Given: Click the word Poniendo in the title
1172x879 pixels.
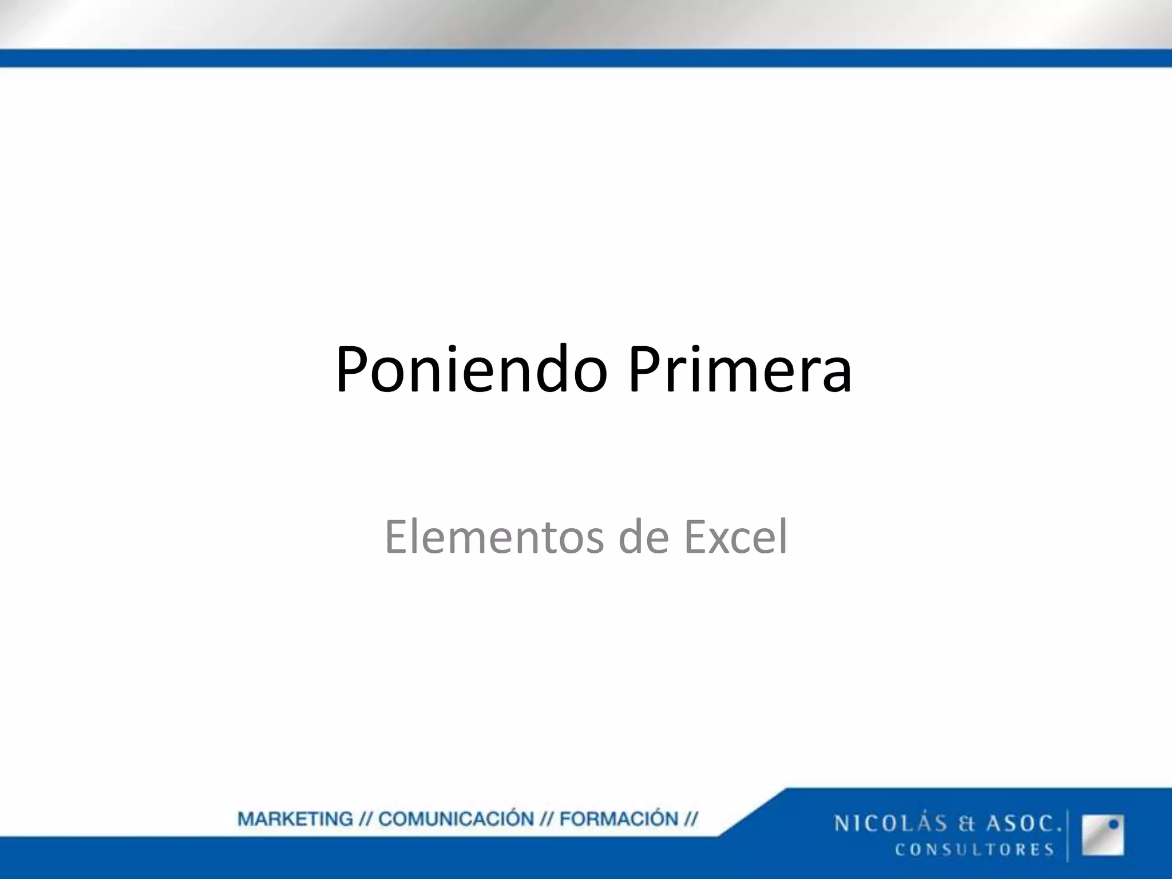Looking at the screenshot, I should tap(470, 369).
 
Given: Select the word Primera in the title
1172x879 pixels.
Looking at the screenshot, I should tap(739, 369).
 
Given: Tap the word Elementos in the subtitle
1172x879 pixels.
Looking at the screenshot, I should tap(493, 537).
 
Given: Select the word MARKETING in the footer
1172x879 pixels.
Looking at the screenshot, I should tap(295, 819).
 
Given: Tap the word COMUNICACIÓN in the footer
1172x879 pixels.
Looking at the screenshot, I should tap(456, 819).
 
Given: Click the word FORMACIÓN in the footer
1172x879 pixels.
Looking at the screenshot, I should tap(619, 819).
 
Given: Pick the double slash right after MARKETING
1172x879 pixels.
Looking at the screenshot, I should tap(366, 819).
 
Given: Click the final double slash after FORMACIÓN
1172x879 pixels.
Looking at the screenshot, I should tap(691, 819).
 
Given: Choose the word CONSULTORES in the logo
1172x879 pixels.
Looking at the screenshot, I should tap(975, 849).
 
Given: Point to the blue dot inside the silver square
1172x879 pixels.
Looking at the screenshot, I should tap(1114, 825).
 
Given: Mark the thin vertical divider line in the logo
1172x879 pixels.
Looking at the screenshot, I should tap(1068, 835).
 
